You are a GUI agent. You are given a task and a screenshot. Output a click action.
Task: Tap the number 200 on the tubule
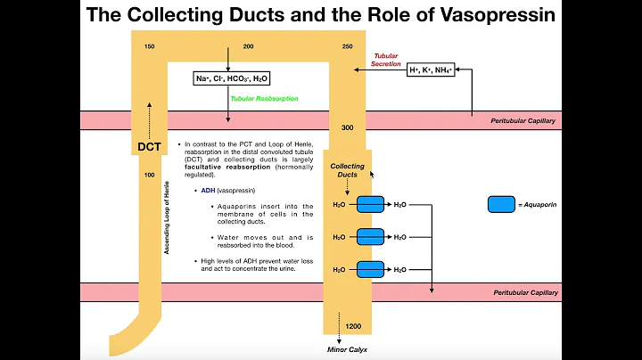coord(248,45)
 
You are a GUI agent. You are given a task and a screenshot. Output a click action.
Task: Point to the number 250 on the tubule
coord(347,45)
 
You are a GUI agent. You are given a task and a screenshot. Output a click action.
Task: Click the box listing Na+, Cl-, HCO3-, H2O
coord(230,78)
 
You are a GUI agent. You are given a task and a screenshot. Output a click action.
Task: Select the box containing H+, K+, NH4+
coord(431,69)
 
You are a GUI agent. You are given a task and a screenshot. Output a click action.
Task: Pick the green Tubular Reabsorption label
coord(264,99)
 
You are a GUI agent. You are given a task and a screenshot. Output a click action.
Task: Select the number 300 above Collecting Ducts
coord(347,127)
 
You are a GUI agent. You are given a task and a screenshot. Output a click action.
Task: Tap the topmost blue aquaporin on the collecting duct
coord(370,204)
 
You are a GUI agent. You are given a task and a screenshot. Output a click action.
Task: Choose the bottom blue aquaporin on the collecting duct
coord(370,269)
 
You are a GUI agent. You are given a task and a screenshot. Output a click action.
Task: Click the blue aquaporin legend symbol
coord(502,204)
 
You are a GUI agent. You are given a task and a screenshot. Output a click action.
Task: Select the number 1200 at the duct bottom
coord(353,327)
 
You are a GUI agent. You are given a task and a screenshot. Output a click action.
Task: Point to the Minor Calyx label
coord(348,350)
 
